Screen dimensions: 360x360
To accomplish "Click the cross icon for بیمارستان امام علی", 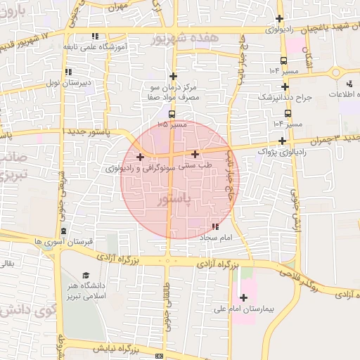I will (244, 297).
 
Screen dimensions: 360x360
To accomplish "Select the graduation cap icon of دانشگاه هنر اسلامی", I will (86, 276).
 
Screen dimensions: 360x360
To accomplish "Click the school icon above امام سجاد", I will (215, 226).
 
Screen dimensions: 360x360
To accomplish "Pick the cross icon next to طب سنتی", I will (195, 154).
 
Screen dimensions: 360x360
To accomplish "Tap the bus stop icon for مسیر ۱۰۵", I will (172, 113).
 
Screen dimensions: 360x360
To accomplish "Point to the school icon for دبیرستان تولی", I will (67, 72).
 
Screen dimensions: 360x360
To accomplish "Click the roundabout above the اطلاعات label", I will (336, 72).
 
